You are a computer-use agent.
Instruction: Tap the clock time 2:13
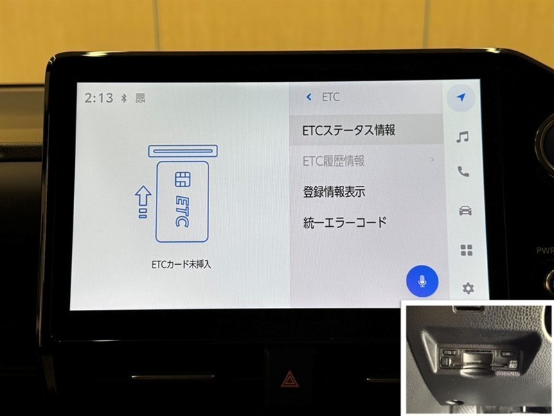(x=98, y=98)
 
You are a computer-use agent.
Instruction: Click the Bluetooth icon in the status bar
(x=124, y=98)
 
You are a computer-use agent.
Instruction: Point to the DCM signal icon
(x=141, y=98)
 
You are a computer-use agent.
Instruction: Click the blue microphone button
(x=422, y=281)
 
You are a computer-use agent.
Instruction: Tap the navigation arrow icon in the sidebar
(x=461, y=97)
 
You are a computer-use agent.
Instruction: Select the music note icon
(x=463, y=137)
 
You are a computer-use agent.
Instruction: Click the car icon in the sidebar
(x=465, y=211)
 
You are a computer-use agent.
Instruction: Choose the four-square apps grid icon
(x=466, y=250)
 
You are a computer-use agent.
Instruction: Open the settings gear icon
(x=468, y=288)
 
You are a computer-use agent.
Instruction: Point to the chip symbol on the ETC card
(x=183, y=179)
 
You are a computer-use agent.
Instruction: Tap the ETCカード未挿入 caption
(x=181, y=265)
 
